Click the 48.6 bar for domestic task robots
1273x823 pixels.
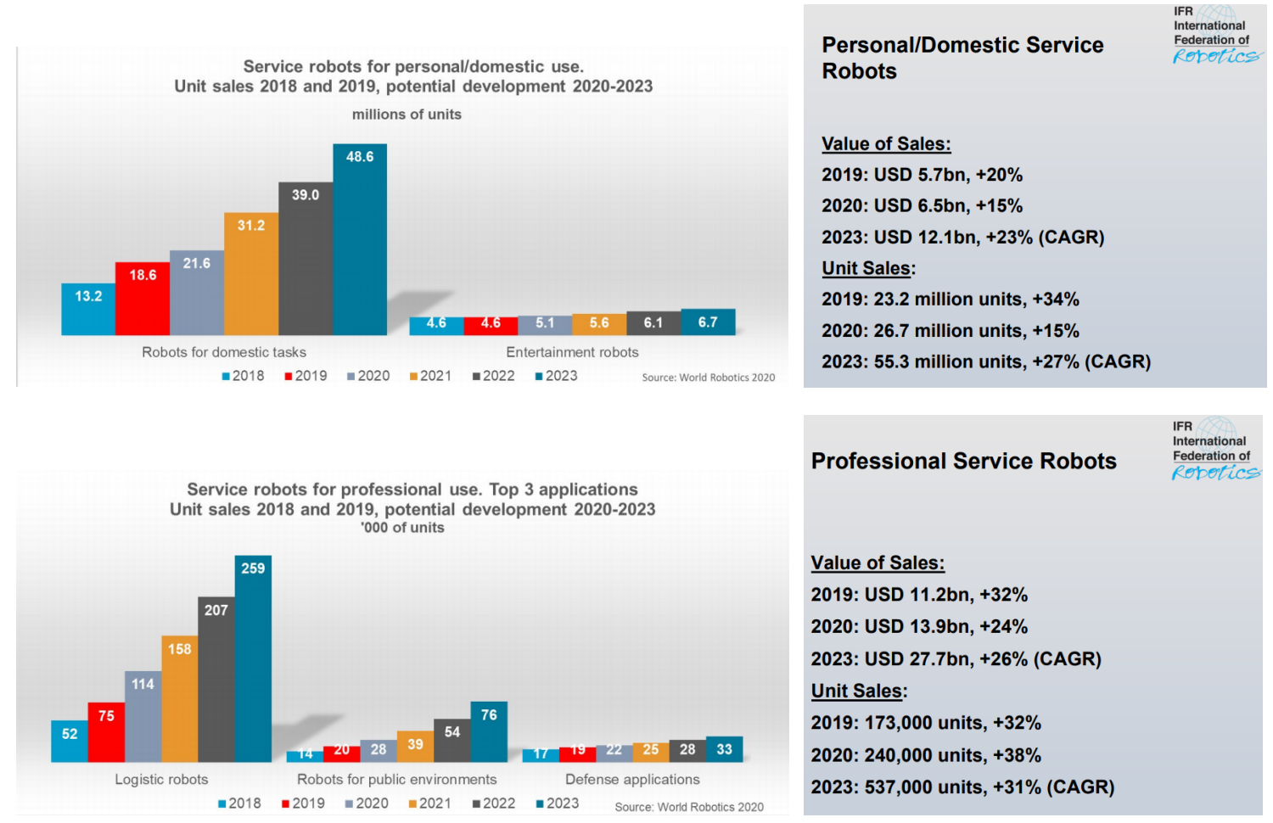pyautogui.click(x=360, y=239)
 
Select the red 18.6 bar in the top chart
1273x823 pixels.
pyautogui.click(x=142, y=298)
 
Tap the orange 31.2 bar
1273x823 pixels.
pyautogui.click(x=251, y=274)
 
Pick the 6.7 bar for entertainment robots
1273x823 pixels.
pyautogui.click(x=708, y=322)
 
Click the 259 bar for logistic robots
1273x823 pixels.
pyautogui.click(x=253, y=658)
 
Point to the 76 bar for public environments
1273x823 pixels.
pyautogui.click(x=489, y=731)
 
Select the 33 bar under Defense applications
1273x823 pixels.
pyautogui.click(x=724, y=749)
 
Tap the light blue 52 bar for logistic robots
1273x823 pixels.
pyautogui.click(x=70, y=742)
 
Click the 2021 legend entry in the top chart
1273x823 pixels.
pyautogui.click(x=430, y=376)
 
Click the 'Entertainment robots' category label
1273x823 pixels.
pyautogui.click(x=572, y=352)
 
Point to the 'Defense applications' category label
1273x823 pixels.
pyautogui.click(x=632, y=779)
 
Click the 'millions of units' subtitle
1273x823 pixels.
pyautogui.click(x=407, y=115)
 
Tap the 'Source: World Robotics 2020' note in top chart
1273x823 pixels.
pyautogui.click(x=709, y=377)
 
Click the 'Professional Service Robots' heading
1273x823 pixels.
pyautogui.click(x=964, y=461)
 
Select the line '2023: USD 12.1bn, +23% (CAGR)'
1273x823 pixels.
pyautogui.click(x=963, y=237)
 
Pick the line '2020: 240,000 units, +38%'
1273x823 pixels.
pyautogui.click(x=926, y=755)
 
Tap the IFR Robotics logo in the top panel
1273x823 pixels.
pyautogui.click(x=1217, y=34)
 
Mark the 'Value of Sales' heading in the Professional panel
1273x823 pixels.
pyautogui.click(x=878, y=563)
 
